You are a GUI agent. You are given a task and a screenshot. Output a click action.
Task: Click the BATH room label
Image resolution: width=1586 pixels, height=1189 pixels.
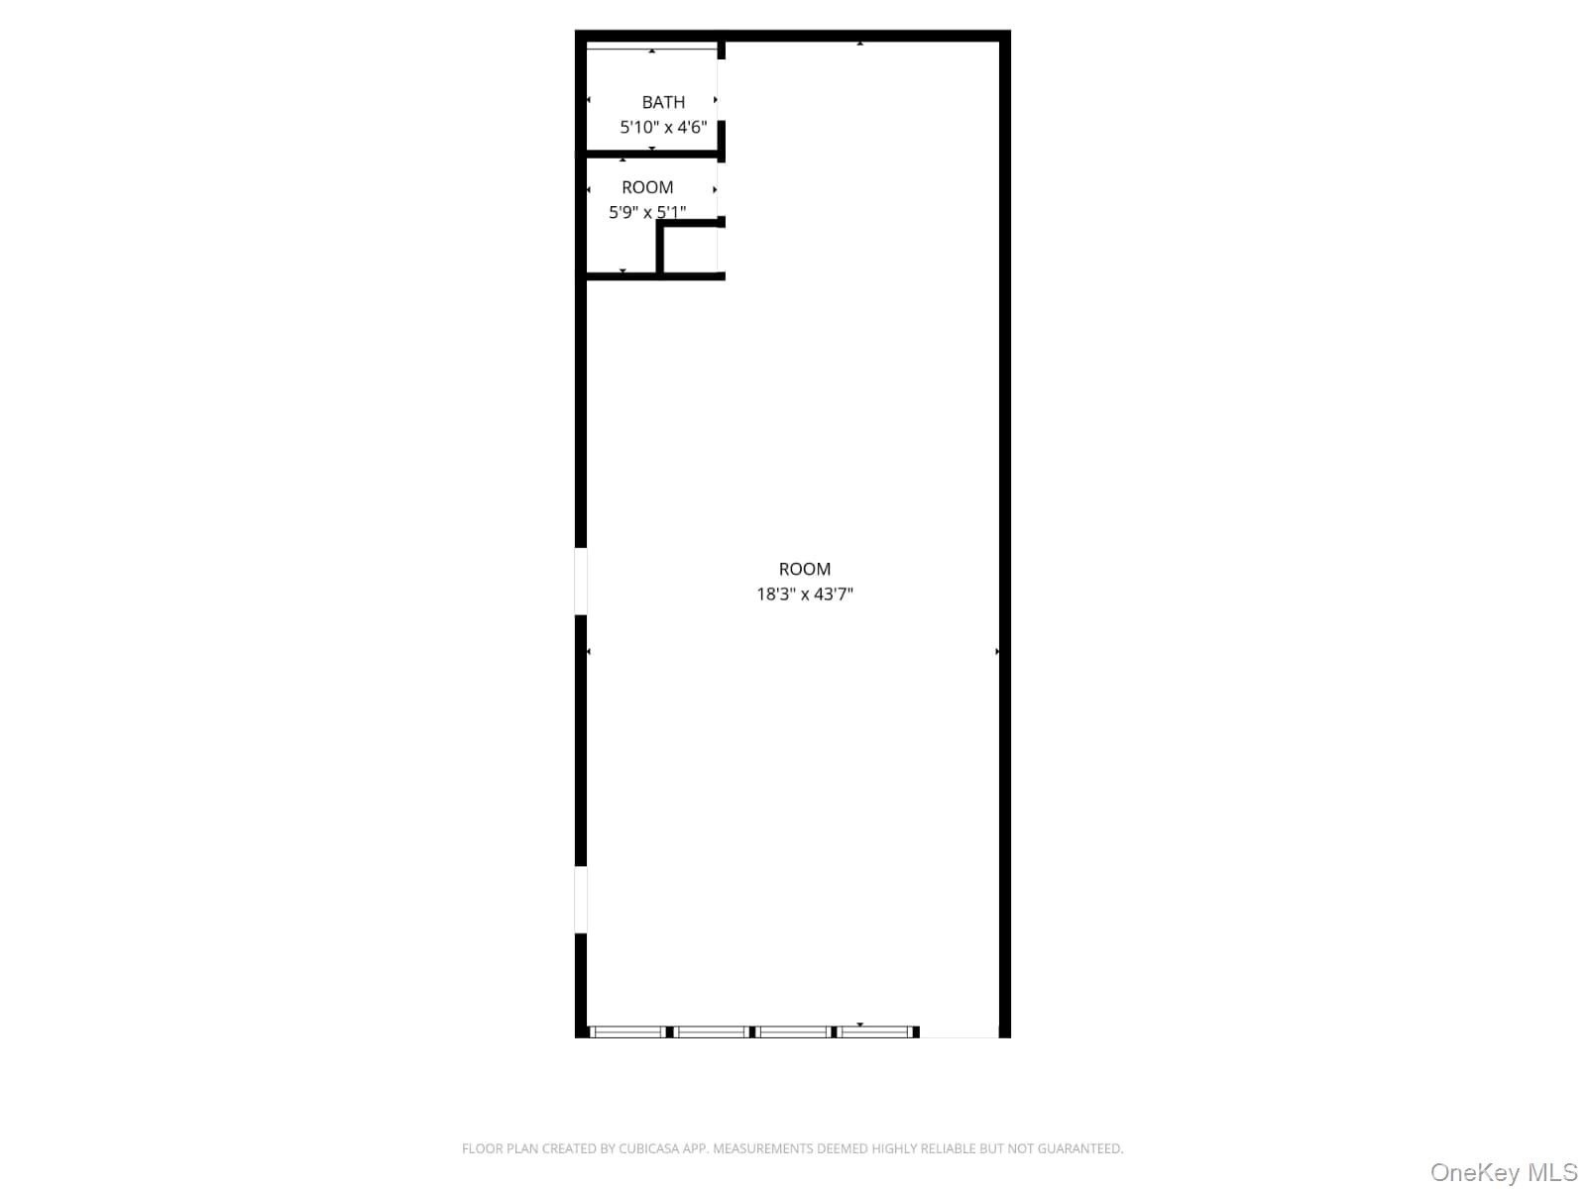(x=663, y=102)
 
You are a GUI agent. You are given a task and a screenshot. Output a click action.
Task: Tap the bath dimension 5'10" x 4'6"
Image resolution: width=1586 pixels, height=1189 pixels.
(x=663, y=127)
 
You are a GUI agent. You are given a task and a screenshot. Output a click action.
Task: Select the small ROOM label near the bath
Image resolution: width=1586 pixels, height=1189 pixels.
(x=647, y=187)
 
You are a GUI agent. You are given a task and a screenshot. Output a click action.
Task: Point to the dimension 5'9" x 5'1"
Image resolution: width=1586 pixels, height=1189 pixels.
(x=647, y=212)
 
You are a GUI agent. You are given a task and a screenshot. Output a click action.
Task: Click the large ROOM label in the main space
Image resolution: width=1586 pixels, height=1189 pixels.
(x=805, y=569)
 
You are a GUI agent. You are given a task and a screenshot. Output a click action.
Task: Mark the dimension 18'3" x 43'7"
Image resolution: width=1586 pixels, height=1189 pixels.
(x=805, y=594)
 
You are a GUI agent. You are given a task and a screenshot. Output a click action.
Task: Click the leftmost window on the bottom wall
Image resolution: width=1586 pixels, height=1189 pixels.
(x=627, y=1031)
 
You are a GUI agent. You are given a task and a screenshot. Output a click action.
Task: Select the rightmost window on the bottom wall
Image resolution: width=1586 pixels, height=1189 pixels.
(x=874, y=1031)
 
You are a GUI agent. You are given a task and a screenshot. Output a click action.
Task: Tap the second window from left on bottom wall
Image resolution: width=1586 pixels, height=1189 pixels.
(x=712, y=1031)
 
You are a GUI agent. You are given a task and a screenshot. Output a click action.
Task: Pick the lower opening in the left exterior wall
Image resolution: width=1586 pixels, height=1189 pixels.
(x=581, y=900)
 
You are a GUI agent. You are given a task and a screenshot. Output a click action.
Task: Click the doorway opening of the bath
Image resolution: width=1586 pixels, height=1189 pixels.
(x=721, y=90)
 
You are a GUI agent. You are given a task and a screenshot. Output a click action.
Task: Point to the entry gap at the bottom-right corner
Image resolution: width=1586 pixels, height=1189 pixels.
(x=959, y=1032)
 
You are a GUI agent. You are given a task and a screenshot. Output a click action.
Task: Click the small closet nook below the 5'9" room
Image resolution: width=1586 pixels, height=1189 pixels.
(x=691, y=249)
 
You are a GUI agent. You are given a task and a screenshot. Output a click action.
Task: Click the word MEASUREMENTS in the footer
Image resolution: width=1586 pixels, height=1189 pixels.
(x=765, y=1149)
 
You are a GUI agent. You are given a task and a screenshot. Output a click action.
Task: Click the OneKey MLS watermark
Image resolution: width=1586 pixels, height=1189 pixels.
(x=1503, y=1173)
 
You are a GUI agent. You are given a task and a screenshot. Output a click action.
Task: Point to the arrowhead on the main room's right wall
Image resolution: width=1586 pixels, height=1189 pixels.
(x=997, y=652)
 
